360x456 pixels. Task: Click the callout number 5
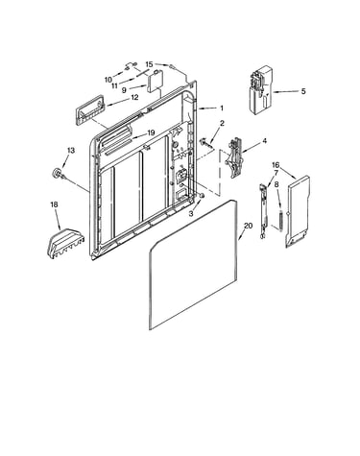pos(303,91)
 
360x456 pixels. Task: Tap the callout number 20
pos(249,226)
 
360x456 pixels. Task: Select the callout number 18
pos(55,204)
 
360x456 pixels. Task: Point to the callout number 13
pos(71,150)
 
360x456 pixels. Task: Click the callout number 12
pos(134,97)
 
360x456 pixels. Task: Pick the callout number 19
pos(151,132)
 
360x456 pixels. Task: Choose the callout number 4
pos(264,141)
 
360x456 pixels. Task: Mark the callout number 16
pos(276,165)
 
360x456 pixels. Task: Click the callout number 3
pos(191,214)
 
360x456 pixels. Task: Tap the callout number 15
pos(150,64)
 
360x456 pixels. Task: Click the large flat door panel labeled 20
pos(193,264)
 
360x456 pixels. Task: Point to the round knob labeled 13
pos(58,173)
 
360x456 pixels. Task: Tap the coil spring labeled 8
pos(281,221)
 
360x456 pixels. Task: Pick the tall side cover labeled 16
pos(298,211)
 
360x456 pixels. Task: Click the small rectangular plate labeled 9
pos(155,82)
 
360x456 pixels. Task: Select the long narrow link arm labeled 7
pos(263,211)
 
